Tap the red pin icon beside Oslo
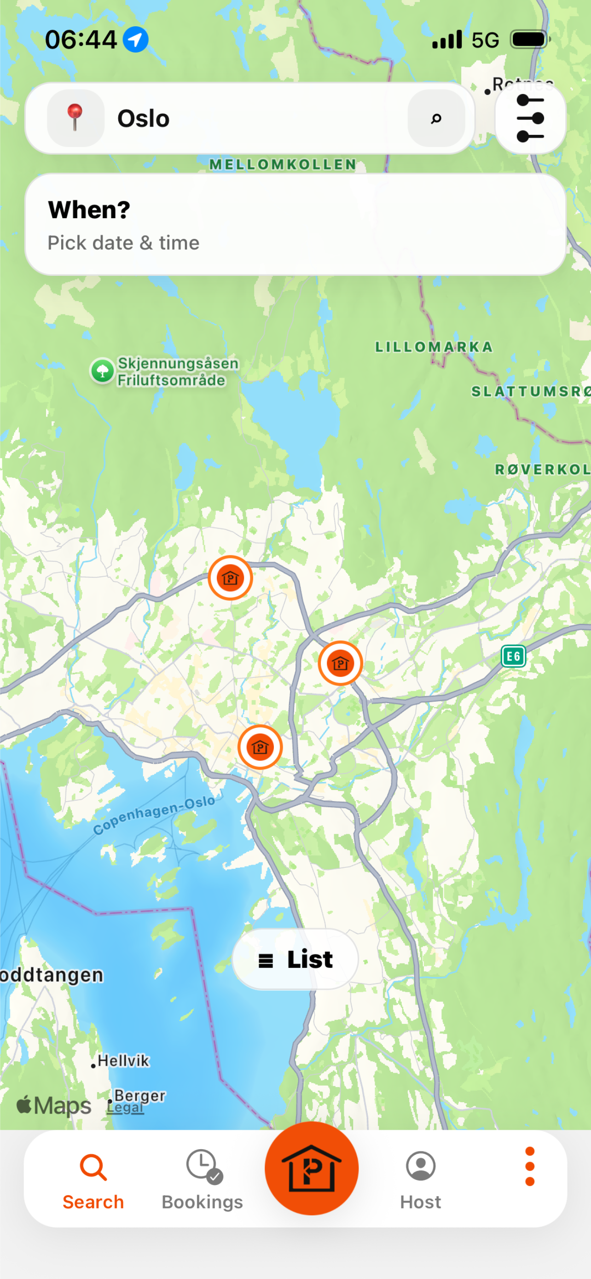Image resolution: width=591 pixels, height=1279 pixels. pos(75,118)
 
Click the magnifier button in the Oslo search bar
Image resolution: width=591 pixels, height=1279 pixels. pos(436,118)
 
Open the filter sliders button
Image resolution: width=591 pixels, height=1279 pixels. pos(530,119)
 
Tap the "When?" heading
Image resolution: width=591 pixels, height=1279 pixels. pos(89,209)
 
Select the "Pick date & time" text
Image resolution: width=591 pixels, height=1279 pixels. pos(123,243)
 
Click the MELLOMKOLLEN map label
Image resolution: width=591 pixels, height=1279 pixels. pos(283,164)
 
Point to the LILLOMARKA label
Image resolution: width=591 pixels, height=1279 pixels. pos(434,347)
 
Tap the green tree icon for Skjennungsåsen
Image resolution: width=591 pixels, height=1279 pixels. pos(103,371)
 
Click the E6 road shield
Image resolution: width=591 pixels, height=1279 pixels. pos(513,657)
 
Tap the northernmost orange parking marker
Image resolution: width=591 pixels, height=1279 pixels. pos(230,578)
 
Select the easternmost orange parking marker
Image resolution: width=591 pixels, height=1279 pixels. pos(341,663)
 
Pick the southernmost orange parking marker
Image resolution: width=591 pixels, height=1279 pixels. pos(260,747)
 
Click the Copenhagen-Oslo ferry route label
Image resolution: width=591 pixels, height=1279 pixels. pos(154,814)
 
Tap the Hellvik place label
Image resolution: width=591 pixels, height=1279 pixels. pos(123,1060)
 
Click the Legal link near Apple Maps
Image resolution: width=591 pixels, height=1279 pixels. pos(126,1108)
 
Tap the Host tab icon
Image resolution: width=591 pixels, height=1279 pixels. pos(420,1166)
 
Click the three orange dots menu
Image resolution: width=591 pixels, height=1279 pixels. pos(529,1166)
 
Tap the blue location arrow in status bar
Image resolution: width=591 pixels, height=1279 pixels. pos(135,40)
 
